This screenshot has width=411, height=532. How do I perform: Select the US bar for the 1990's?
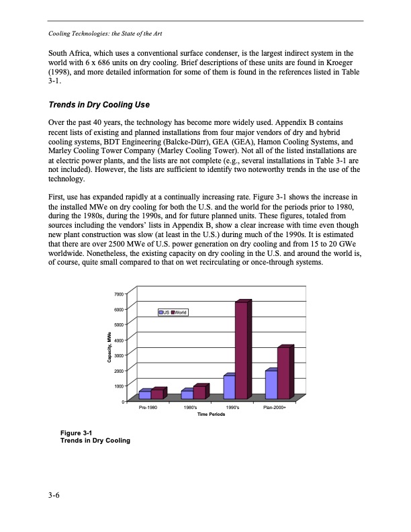pyautogui.click(x=229, y=386)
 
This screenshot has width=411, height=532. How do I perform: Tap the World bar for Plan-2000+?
pyautogui.click(x=283, y=373)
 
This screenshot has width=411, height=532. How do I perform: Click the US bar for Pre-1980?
pyautogui.click(x=144, y=395)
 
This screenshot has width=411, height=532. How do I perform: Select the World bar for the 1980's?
pyautogui.click(x=198, y=392)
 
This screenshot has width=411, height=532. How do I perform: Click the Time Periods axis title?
pyautogui.click(x=211, y=415)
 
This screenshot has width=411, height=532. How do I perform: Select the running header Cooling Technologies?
pyautogui.click(x=104, y=33)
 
